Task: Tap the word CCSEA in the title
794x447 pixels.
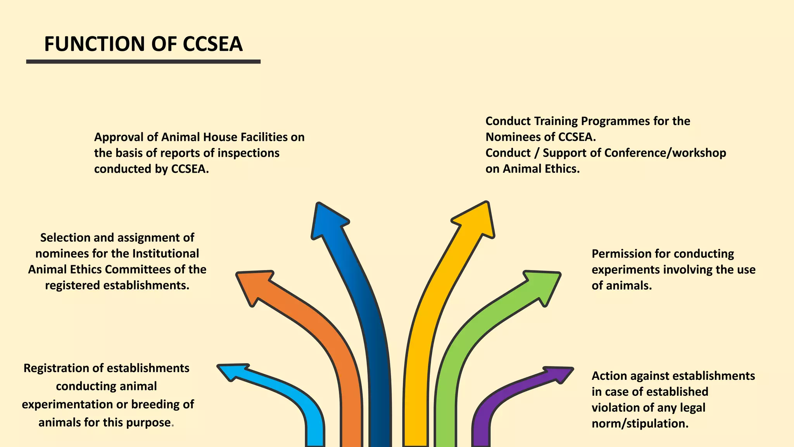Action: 212,44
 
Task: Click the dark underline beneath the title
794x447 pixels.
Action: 143,62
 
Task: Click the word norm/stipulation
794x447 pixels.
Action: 640,423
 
